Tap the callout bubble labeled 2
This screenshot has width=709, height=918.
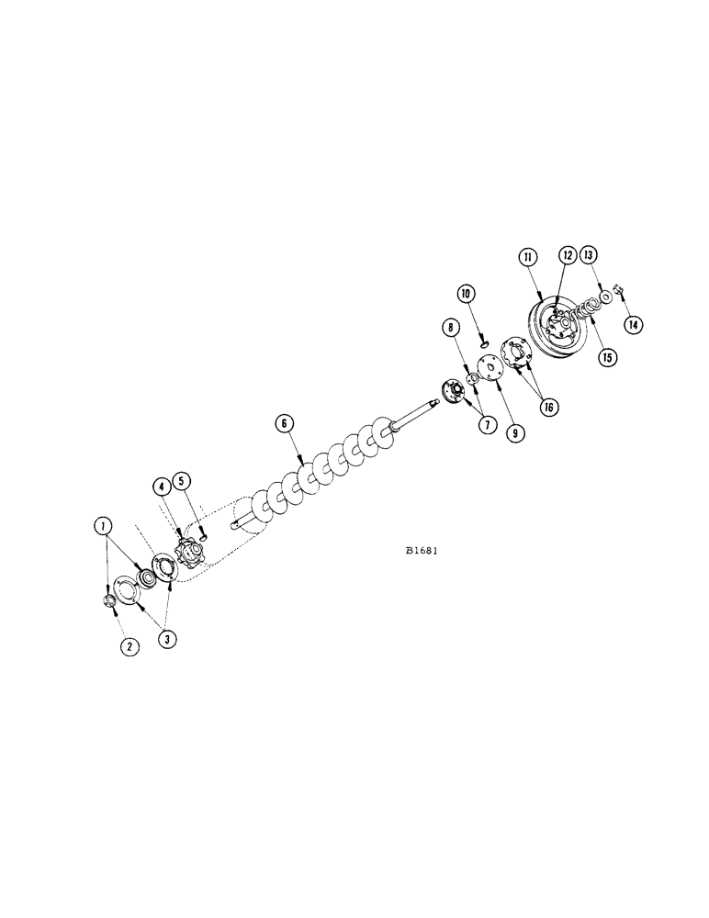click(130, 646)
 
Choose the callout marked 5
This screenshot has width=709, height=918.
click(183, 480)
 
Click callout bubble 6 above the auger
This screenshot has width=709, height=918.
click(285, 423)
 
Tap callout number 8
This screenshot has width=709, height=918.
click(451, 325)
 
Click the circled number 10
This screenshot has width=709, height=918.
click(467, 294)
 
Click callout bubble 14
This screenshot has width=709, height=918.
click(633, 324)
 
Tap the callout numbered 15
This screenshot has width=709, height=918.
click(606, 358)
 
